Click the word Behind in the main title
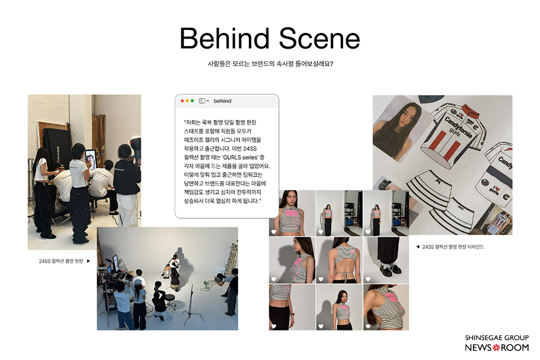point(224,38)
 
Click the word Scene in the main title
point(319,38)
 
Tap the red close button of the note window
point(182,101)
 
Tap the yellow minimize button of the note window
point(187,101)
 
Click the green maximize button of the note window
point(192,101)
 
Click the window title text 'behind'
point(223,101)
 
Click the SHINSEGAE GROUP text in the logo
point(497,338)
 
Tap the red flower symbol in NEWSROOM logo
point(496,347)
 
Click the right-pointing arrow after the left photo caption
point(89,261)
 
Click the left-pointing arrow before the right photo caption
point(418,247)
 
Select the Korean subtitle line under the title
point(271,64)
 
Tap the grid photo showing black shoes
point(386,260)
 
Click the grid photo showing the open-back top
point(339,260)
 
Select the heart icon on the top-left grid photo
point(274,232)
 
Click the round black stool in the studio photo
point(170,297)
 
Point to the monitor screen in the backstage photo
point(91,158)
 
